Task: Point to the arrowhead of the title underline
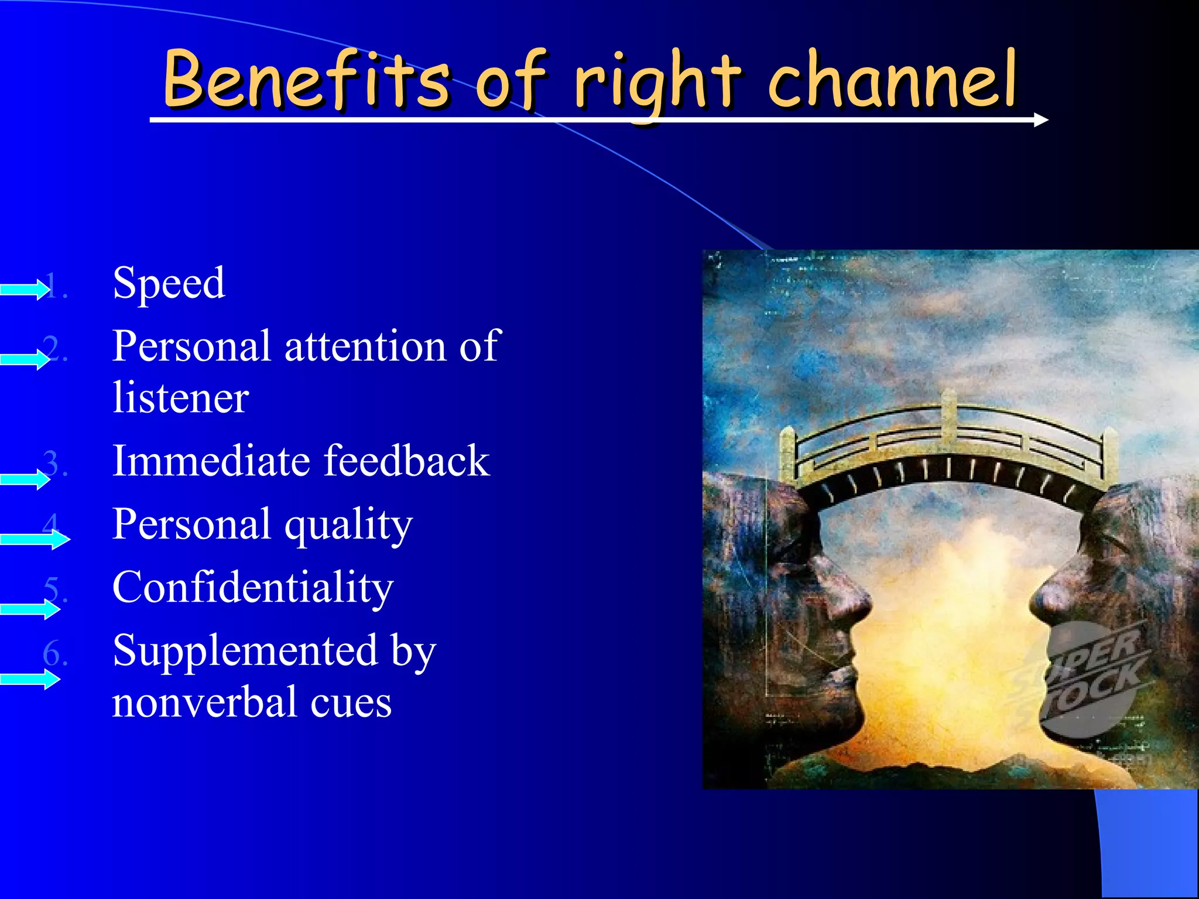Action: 1040,120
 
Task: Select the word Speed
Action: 169,283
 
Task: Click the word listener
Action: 180,398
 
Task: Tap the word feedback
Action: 406,461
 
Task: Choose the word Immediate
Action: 210,461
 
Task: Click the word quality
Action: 348,525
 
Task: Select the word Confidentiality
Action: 252,588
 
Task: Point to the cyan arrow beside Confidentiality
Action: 29,609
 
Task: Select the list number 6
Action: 53,653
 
